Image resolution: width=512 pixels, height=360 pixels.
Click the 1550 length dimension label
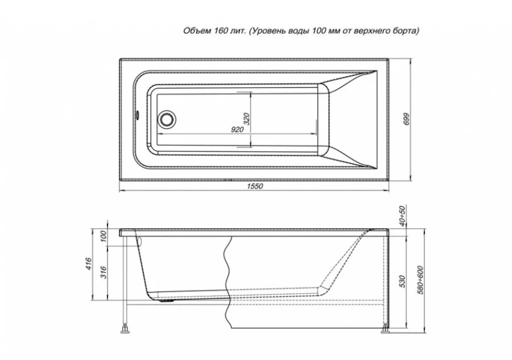(254, 187)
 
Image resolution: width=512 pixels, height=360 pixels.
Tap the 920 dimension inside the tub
(237, 130)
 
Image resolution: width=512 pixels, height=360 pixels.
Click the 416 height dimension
(88, 264)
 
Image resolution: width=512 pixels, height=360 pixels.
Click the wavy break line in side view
(227, 282)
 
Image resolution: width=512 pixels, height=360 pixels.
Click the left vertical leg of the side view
(124, 282)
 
